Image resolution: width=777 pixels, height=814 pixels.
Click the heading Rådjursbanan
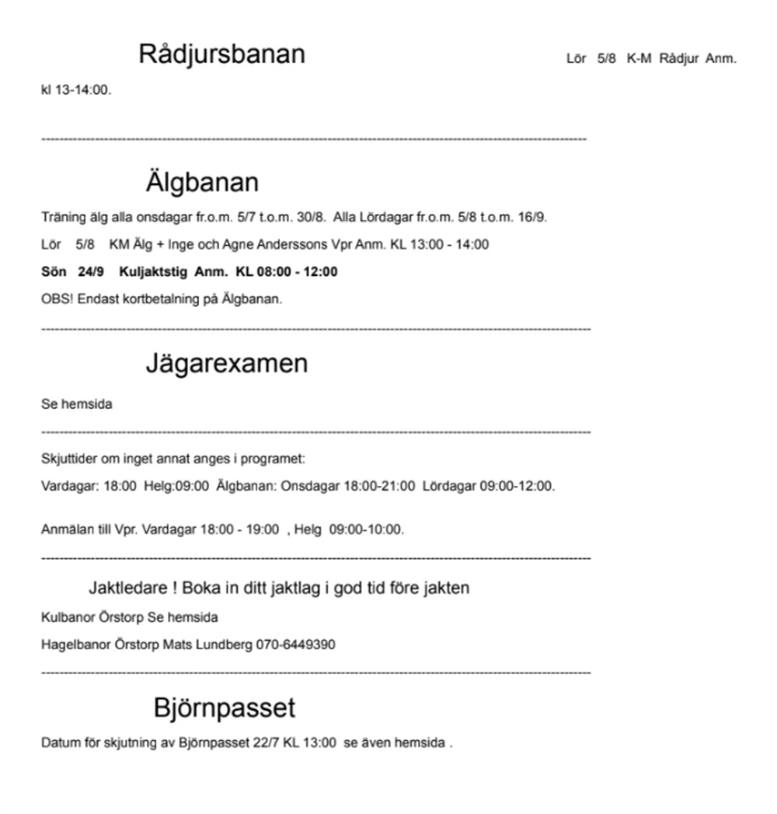pyautogui.click(x=221, y=54)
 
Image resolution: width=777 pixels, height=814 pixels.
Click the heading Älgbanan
pyautogui.click(x=201, y=183)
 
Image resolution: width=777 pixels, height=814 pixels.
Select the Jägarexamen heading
pyautogui.click(x=226, y=363)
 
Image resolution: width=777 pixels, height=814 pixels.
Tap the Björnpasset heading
pyautogui.click(x=224, y=707)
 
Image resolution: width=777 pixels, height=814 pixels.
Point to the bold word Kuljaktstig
pyautogui.click(x=154, y=272)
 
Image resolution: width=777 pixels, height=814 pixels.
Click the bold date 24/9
pyautogui.click(x=91, y=272)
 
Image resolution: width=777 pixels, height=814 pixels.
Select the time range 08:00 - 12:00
pyautogui.click(x=298, y=272)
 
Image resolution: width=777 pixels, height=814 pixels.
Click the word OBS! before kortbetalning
pyautogui.click(x=54, y=299)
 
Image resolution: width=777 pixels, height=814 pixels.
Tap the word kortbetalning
pyautogui.click(x=160, y=299)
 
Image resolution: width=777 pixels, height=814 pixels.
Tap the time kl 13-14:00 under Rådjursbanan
pyautogui.click(x=76, y=89)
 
